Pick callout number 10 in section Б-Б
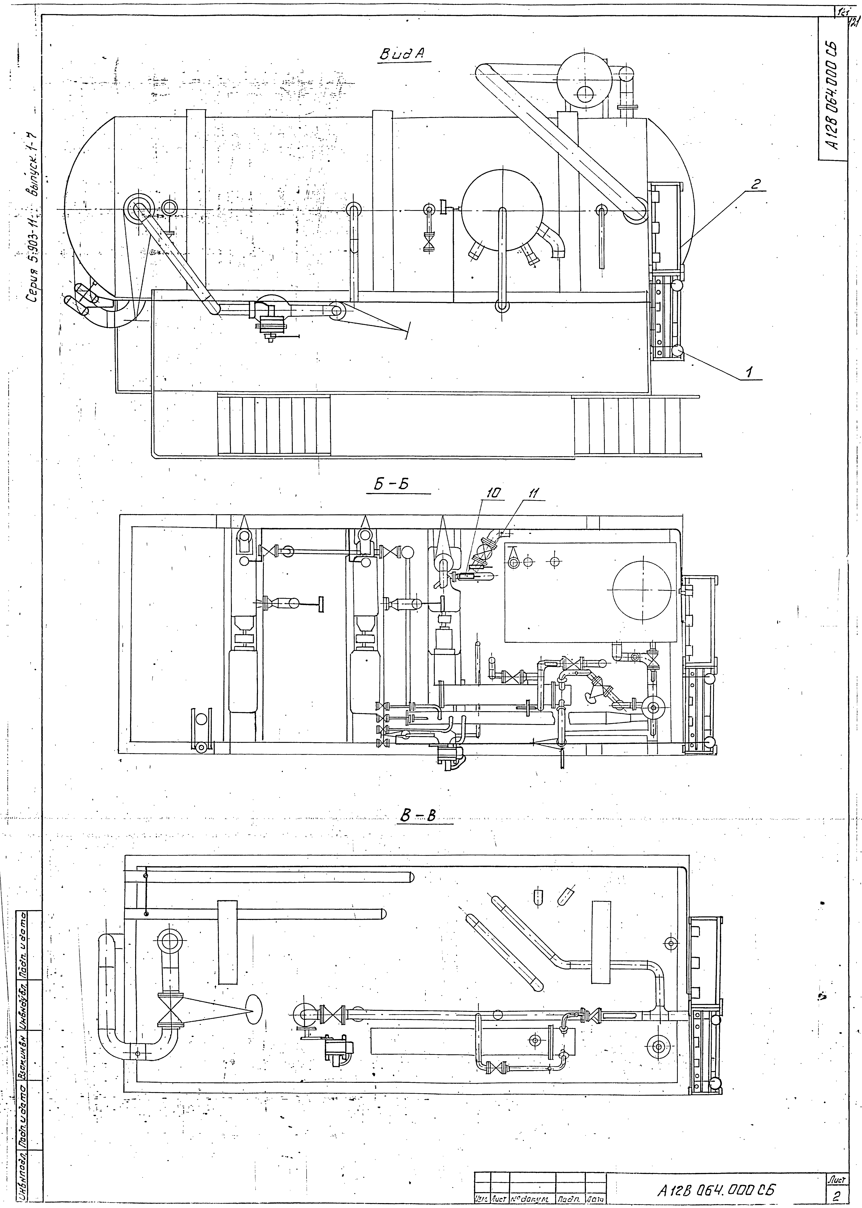click(491, 493)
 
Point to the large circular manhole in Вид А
click(502, 210)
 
